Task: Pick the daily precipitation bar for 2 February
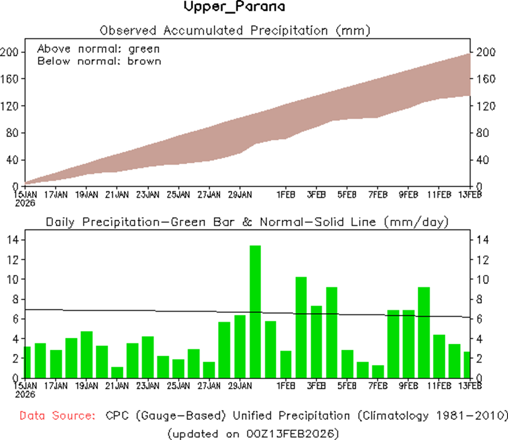coord(301,327)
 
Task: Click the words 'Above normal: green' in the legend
coord(98,48)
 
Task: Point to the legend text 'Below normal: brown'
coord(99,60)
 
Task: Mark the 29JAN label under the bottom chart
coord(240,386)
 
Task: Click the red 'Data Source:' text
coord(56,416)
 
